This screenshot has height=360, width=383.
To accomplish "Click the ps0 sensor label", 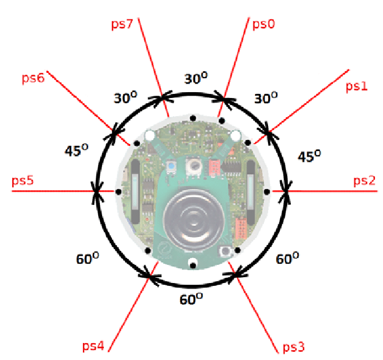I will point(263,24).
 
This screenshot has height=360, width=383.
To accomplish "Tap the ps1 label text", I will point(356,87).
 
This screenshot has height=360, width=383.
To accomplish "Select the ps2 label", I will point(364,181).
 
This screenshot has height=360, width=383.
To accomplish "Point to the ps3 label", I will point(293,348).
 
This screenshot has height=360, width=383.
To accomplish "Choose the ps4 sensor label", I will point(93,347).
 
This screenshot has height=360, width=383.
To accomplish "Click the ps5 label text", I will point(23,181).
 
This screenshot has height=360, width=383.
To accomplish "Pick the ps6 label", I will point(33,78).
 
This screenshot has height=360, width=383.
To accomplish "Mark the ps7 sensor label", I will point(121,24).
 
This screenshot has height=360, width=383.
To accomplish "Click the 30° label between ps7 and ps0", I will point(196,79).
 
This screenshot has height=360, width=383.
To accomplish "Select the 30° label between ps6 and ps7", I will point(126,99).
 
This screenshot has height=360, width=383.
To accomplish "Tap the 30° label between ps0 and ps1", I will point(266,99).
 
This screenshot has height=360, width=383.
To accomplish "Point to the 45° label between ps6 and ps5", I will point(76,151).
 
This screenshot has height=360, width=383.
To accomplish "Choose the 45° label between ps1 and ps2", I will point(309,157).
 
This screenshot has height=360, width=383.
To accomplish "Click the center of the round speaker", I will point(191,221).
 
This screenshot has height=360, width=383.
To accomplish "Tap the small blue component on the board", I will point(172,168).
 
